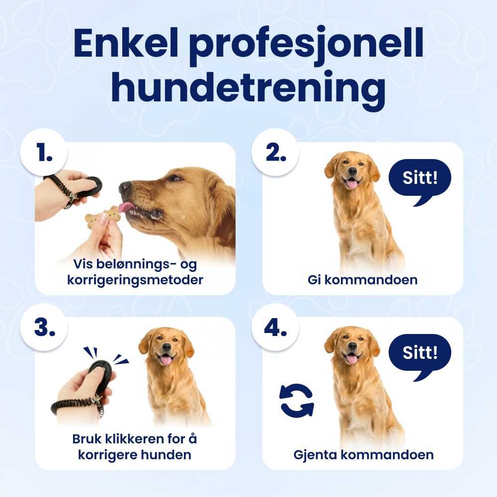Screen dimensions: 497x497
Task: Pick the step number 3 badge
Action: click(x=44, y=327)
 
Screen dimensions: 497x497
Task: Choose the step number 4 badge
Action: click(x=275, y=327)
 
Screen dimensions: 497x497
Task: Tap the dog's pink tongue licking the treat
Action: click(x=125, y=207)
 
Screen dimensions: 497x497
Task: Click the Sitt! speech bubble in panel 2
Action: click(x=419, y=181)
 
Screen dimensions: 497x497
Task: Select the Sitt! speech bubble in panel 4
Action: click(x=419, y=356)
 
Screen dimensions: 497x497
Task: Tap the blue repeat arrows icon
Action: click(x=297, y=400)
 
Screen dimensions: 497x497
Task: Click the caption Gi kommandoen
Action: click(x=363, y=280)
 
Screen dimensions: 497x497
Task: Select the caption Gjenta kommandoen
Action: click(x=364, y=455)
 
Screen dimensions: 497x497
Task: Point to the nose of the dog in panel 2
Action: click(x=352, y=171)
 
